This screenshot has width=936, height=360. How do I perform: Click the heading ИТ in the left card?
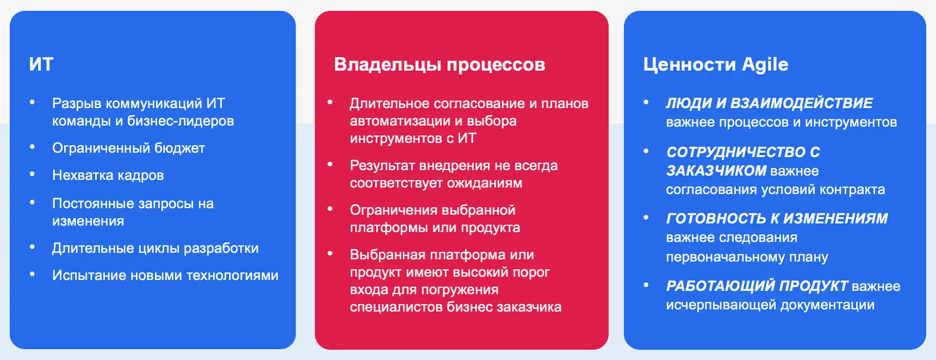click(x=41, y=64)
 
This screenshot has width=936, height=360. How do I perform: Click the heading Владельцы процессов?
click(x=439, y=65)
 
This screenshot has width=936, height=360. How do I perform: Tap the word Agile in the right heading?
click(x=765, y=65)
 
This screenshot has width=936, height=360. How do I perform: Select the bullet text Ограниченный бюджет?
click(x=128, y=148)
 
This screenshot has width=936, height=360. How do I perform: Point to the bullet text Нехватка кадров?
click(x=108, y=175)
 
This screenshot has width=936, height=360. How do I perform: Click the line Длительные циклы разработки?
click(x=155, y=248)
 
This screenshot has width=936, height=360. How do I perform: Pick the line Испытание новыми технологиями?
click(x=165, y=275)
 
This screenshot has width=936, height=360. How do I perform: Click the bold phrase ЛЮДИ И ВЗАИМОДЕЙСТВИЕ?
click(x=769, y=103)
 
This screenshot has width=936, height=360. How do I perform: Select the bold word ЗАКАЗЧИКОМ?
click(x=716, y=171)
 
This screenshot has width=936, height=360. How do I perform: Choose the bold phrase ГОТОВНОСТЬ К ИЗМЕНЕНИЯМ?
click(x=777, y=218)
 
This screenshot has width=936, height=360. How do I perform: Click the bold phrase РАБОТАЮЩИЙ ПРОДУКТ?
click(x=757, y=285)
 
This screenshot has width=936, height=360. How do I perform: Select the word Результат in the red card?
click(x=381, y=166)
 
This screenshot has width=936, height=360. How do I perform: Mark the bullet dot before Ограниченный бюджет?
click(x=33, y=147)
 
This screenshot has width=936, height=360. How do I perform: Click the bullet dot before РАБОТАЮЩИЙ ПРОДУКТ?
click(x=646, y=284)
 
